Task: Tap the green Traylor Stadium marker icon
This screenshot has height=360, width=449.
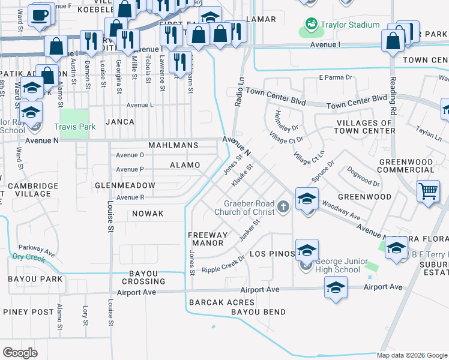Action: click(x=311, y=24)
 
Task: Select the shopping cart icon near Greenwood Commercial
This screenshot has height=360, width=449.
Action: click(x=428, y=192)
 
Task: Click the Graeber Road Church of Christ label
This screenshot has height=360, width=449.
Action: click(x=249, y=208)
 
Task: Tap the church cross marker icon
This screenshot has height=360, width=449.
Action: click(x=283, y=208)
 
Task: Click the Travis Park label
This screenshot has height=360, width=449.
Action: click(x=74, y=127)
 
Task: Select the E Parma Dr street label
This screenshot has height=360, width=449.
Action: click(x=337, y=77)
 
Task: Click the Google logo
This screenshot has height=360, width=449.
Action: click(x=20, y=352)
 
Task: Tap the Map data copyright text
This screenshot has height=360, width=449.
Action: click(x=412, y=355)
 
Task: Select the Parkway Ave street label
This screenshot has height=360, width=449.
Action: click(x=32, y=247)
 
